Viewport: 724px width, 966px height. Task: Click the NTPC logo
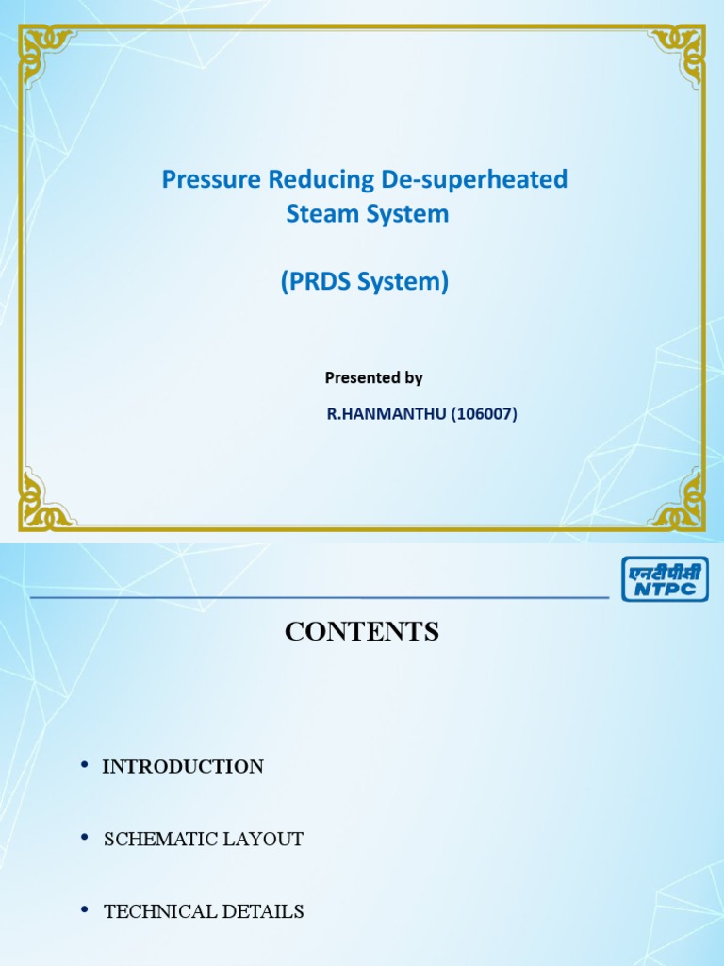(x=665, y=578)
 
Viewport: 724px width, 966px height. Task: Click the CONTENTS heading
(x=362, y=632)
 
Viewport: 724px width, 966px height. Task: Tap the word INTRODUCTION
(x=183, y=767)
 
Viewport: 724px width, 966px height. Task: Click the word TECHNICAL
(x=154, y=911)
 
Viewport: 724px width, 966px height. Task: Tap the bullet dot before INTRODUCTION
(x=85, y=765)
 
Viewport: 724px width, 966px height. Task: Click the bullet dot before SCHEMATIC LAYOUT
(x=85, y=837)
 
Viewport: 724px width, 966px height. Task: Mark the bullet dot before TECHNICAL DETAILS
(x=85, y=909)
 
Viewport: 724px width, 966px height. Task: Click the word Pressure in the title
(x=204, y=179)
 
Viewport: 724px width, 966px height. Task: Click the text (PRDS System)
(x=364, y=282)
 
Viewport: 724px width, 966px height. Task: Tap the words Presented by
(x=373, y=377)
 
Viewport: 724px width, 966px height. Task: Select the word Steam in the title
(x=318, y=214)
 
